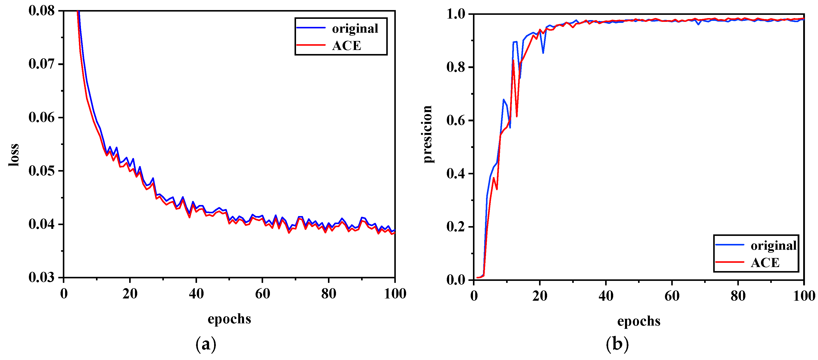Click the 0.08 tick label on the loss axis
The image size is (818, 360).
pyautogui.click(x=42, y=11)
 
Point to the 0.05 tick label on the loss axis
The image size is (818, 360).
pyautogui.click(x=42, y=171)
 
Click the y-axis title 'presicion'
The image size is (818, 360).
pyautogui.click(x=427, y=134)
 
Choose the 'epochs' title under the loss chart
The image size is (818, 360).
pyautogui.click(x=229, y=319)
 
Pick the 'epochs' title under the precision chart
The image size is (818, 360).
pyautogui.click(x=639, y=321)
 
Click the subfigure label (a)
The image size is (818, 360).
pyautogui.click(x=206, y=344)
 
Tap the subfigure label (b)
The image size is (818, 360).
pyautogui.click(x=617, y=344)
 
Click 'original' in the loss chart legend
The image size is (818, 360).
pyautogui.click(x=355, y=29)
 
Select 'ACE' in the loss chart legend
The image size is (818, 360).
pyautogui.click(x=347, y=46)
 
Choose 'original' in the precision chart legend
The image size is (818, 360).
pyautogui.click(x=774, y=245)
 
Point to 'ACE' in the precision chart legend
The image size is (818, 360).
pyautogui.click(x=765, y=263)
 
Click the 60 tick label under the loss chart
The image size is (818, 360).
pyautogui.click(x=262, y=294)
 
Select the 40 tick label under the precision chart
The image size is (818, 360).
pyautogui.click(x=606, y=296)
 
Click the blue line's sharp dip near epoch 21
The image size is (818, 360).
pyautogui.click(x=543, y=53)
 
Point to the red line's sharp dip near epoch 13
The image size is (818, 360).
pyautogui.click(x=517, y=116)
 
